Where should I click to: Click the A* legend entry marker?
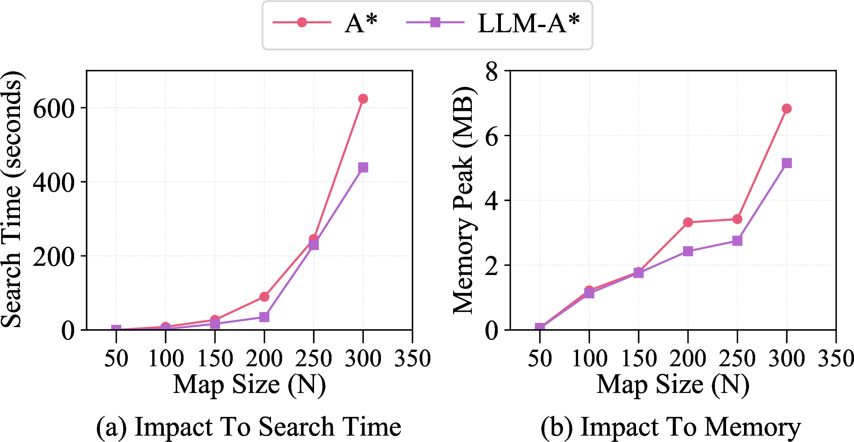pyautogui.click(x=302, y=22)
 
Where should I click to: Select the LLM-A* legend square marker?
pyautogui.click(x=435, y=22)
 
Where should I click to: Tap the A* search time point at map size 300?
pyautogui.click(x=363, y=98)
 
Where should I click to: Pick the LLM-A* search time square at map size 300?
pyautogui.click(x=363, y=167)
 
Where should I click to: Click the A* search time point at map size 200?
pyautogui.click(x=264, y=297)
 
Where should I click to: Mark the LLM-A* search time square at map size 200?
pyautogui.click(x=264, y=317)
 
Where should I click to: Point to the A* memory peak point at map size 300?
pyautogui.click(x=786, y=108)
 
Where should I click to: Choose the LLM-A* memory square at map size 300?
pyautogui.click(x=786, y=163)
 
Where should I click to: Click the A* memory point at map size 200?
pyautogui.click(x=688, y=222)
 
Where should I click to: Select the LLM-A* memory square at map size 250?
pyautogui.click(x=737, y=241)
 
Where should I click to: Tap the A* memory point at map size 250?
pyautogui.click(x=737, y=219)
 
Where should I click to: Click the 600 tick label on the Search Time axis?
pyautogui.click(x=54, y=108)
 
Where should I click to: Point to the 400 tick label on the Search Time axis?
pyautogui.click(x=54, y=183)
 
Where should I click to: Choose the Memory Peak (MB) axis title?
pyautogui.click(x=463, y=199)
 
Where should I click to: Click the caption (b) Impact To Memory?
pyautogui.click(x=671, y=427)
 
